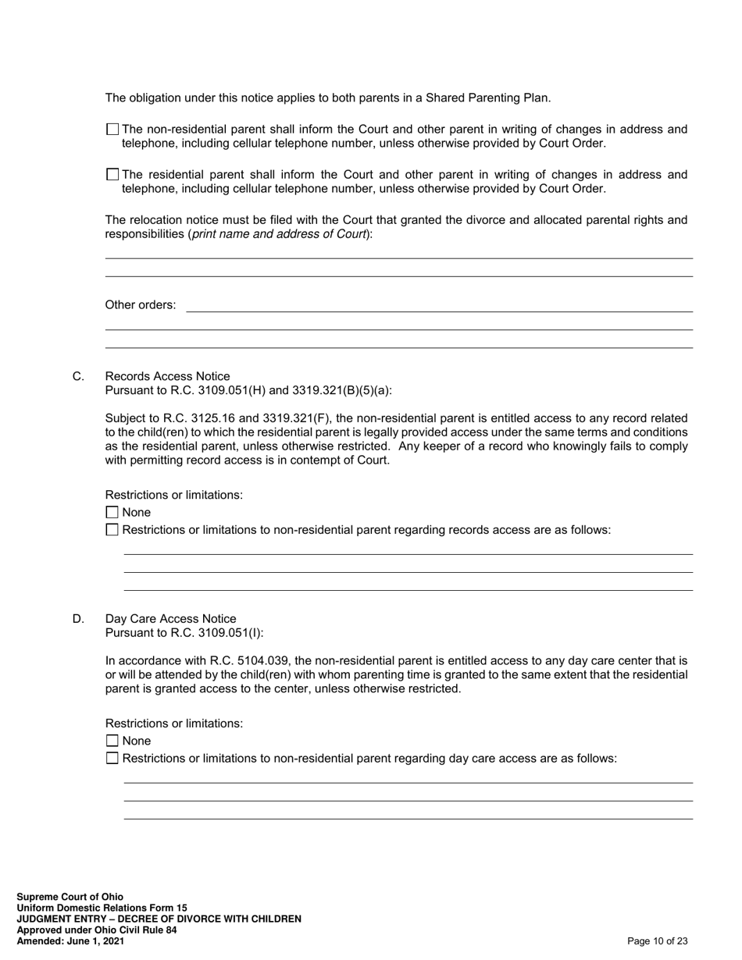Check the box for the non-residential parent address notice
click(112, 130)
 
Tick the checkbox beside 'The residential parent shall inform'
click(112, 175)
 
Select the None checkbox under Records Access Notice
click(112, 513)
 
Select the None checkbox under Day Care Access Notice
click(112, 741)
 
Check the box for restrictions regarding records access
click(112, 530)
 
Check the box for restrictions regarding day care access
click(112, 759)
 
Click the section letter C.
click(78, 377)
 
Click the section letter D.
click(78, 619)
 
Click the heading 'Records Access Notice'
click(167, 377)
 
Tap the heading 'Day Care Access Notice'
click(170, 619)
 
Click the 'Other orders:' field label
click(141, 305)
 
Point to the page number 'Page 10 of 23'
click(657, 941)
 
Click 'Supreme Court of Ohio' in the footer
click(70, 897)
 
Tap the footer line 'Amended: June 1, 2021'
click(70, 941)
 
